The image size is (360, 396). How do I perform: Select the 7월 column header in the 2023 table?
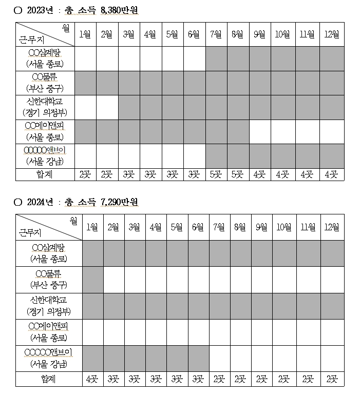tap(216, 34)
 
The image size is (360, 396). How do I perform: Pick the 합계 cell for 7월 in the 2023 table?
tap(216, 174)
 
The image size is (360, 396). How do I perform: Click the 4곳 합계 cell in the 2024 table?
tap(92, 380)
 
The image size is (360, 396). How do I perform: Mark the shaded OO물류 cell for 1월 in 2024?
tap(92, 280)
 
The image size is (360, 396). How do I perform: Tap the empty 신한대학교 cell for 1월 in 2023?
tap(86, 107)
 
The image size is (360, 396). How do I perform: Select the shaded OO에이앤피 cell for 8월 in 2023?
tap(238, 132)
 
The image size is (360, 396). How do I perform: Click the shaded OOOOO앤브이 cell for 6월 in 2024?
tap(198, 359)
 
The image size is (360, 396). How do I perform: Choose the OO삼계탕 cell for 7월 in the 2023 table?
tap(216, 57)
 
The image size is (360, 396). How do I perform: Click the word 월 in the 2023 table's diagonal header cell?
tap(65, 27)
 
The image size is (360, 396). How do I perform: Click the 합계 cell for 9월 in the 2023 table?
tap(260, 174)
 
